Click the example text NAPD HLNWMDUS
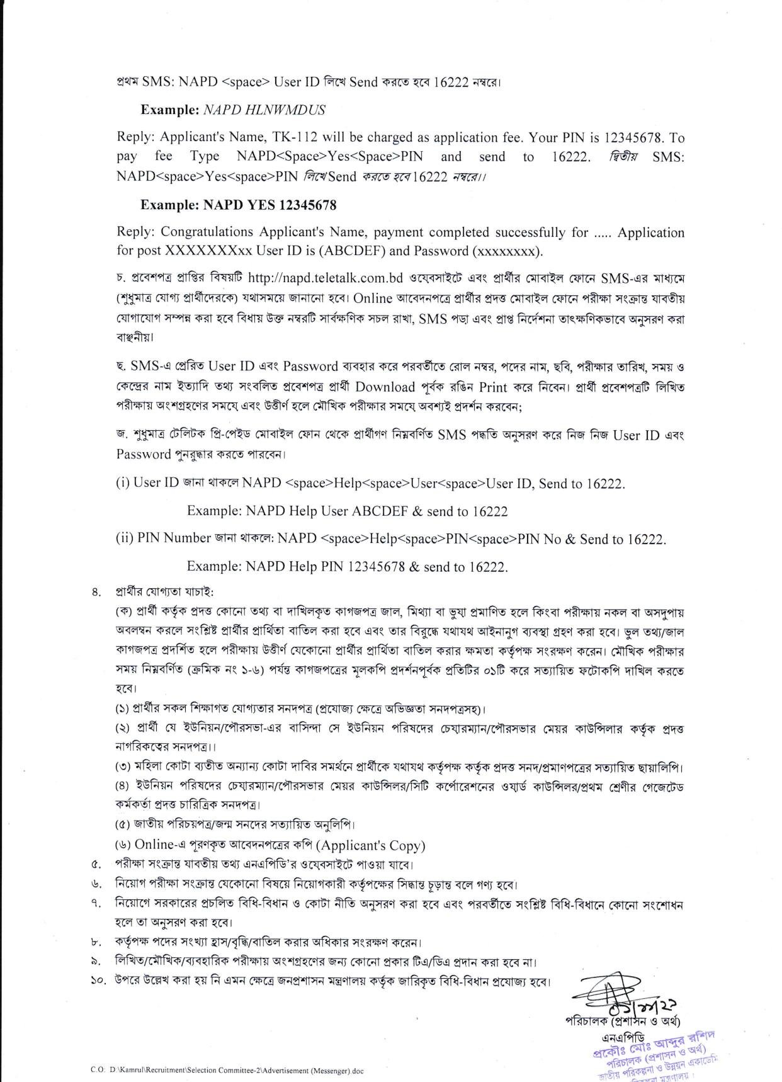pyautogui.click(x=264, y=110)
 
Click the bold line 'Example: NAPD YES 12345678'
pyautogui.click(x=238, y=205)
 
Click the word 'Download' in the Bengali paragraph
pyautogui.click(x=385, y=387)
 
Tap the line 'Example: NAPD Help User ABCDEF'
pyautogui.click(x=347, y=511)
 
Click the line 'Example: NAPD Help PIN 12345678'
pyautogui.click(x=347, y=566)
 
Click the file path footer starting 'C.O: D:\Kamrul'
pyautogui.click(x=227, y=1070)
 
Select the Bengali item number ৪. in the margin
pyautogui.click(x=96, y=592)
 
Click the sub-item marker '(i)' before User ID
pyautogui.click(x=123, y=484)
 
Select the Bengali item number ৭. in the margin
pyautogui.click(x=96, y=904)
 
